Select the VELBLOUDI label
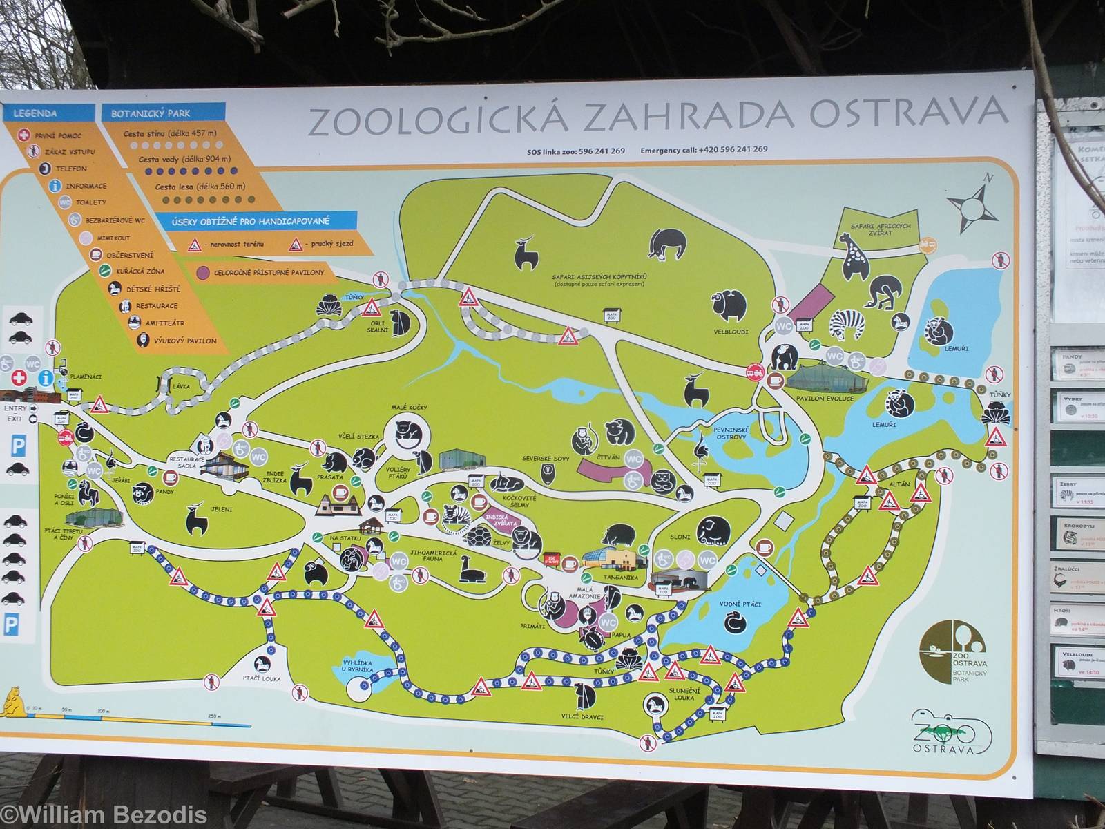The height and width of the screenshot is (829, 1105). coord(731,332)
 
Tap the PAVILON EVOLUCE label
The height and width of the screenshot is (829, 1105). coord(834,399)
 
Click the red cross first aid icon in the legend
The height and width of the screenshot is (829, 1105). coord(25,135)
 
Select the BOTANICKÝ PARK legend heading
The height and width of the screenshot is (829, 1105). coord(151,113)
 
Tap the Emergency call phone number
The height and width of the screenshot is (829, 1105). coord(734,149)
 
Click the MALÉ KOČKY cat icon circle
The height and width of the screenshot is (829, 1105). coord(407,435)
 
